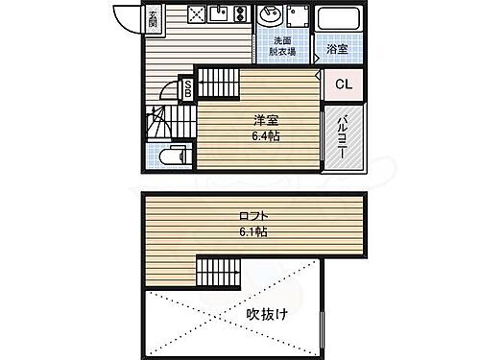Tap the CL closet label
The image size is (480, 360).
coord(342,83)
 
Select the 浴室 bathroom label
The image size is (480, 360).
coord(336,47)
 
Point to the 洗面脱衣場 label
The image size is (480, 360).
coord(282,46)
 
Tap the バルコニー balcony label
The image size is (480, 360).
coord(343,138)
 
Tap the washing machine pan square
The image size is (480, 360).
coord(300,18)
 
